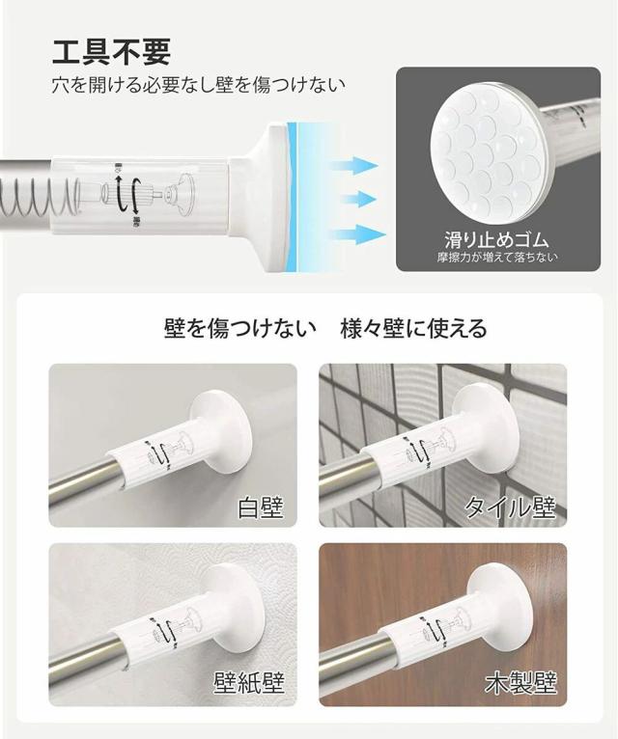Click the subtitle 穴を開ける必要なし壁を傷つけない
[198, 85]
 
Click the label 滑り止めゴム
[496, 237]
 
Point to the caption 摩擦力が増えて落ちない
[496, 258]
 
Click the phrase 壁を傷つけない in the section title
[239, 328]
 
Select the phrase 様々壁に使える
[413, 328]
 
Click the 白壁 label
[262, 506]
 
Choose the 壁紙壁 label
[249, 684]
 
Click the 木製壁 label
[520, 684]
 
